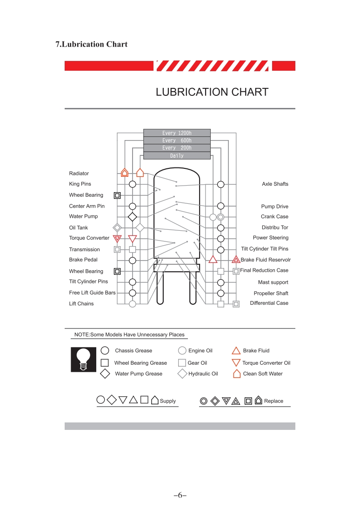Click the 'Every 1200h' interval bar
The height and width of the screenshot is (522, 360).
177,133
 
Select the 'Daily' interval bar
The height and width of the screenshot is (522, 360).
177,156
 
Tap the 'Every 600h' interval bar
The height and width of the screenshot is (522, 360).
177,141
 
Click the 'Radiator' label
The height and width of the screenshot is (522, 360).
79,174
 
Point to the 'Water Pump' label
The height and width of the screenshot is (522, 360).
84,216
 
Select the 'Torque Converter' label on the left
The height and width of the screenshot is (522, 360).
89,238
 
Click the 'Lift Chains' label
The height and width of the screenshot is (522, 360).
81,304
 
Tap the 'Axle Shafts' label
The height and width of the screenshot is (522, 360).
275,184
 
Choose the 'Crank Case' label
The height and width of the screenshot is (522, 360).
274,216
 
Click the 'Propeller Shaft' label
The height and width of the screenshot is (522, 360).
271,293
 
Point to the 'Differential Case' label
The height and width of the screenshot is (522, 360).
269,303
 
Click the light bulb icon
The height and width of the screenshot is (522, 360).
83,359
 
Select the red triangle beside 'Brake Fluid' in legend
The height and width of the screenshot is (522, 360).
236,351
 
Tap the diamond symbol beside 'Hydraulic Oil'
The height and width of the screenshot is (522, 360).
182,374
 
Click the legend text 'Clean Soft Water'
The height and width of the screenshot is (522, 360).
263,374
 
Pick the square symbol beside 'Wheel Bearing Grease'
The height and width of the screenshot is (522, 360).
105,363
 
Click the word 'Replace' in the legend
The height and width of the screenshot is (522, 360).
273,401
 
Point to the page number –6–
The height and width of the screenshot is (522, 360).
180,495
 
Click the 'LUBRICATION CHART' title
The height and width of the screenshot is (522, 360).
212,92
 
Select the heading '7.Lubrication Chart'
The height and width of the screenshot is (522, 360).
92,44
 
